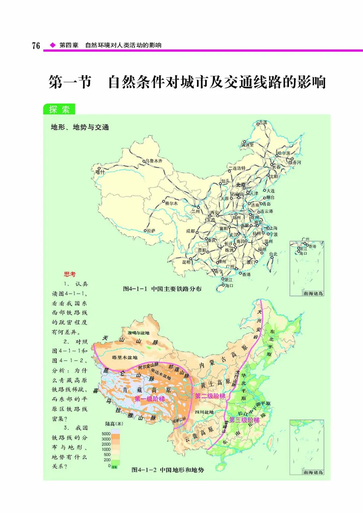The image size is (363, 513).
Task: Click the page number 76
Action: click(x=36, y=46)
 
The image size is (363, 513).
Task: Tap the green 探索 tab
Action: click(x=59, y=109)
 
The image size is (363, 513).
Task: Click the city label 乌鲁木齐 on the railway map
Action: click(x=153, y=161)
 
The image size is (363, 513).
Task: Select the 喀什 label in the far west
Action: click(x=100, y=172)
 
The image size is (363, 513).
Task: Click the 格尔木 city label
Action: click(x=173, y=203)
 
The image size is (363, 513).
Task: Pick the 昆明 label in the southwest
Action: click(x=186, y=262)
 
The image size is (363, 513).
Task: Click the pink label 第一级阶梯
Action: click(x=149, y=399)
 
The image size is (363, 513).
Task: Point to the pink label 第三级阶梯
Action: click(x=244, y=420)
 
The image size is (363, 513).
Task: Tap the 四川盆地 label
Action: click(x=204, y=412)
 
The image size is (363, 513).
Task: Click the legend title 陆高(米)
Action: click(x=113, y=424)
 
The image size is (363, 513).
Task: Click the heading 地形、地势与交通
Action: click(x=80, y=127)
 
